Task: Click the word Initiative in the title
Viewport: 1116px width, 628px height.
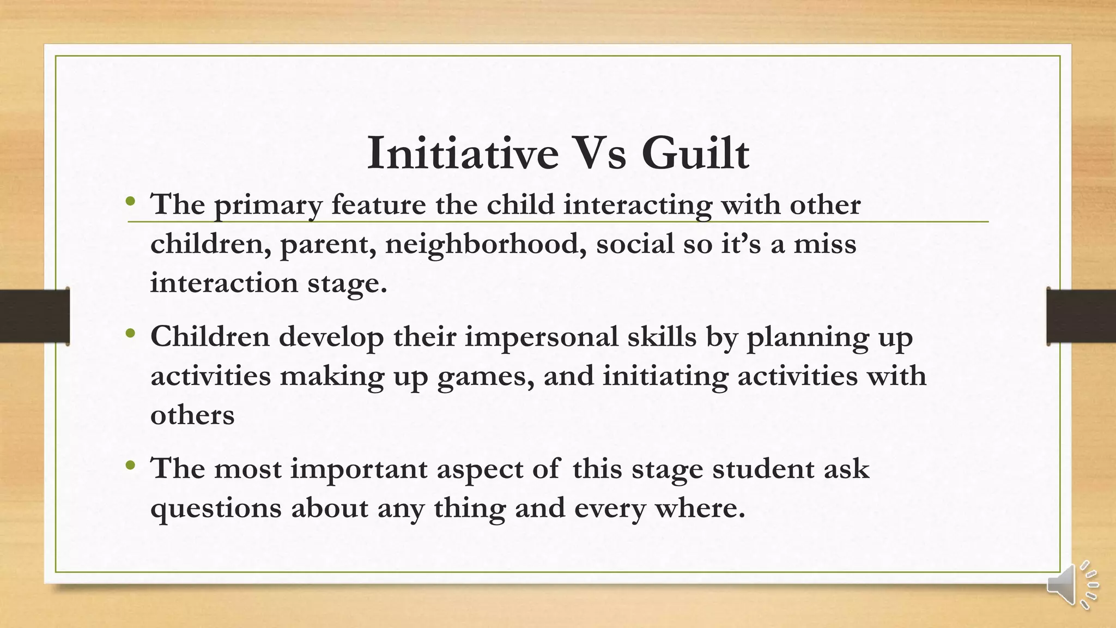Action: click(463, 154)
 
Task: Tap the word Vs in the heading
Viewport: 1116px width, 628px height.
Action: click(599, 154)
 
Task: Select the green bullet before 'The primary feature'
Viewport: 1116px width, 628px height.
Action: click(130, 202)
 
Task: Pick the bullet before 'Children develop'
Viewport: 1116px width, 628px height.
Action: click(130, 334)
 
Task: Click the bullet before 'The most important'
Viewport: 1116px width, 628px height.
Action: click(130, 466)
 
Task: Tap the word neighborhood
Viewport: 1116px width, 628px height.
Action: click(486, 244)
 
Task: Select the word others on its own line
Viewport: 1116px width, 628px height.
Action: click(192, 415)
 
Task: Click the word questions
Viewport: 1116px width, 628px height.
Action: click(216, 509)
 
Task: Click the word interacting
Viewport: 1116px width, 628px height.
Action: click(638, 206)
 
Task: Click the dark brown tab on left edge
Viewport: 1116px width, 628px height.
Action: click(34, 316)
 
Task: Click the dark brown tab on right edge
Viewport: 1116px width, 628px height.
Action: click(1081, 316)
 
